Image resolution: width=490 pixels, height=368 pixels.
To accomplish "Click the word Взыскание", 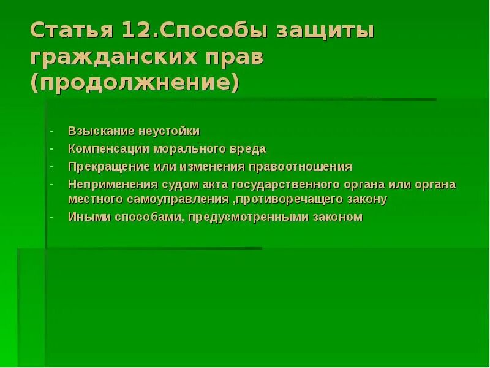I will click(x=98, y=131).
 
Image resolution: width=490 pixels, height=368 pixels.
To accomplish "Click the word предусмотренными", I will click(x=255, y=217).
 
